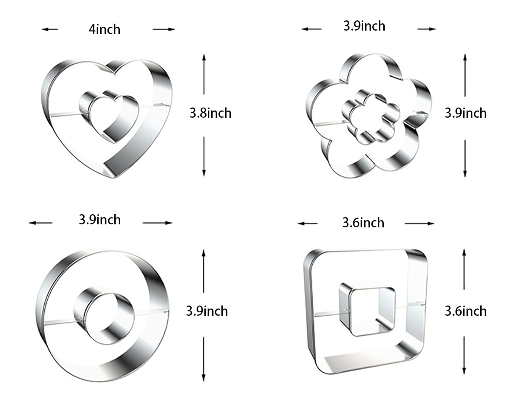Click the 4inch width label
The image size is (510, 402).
pos(105,29)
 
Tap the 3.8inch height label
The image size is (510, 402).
pos(210,113)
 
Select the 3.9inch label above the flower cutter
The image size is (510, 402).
pos(364,26)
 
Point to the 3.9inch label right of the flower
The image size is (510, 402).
pos(466,113)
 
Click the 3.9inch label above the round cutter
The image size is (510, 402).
pos(100,220)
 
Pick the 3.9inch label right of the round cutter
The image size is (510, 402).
pos(207,311)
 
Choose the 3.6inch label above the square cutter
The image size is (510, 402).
pos(363,223)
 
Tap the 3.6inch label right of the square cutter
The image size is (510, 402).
pos(466,311)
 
